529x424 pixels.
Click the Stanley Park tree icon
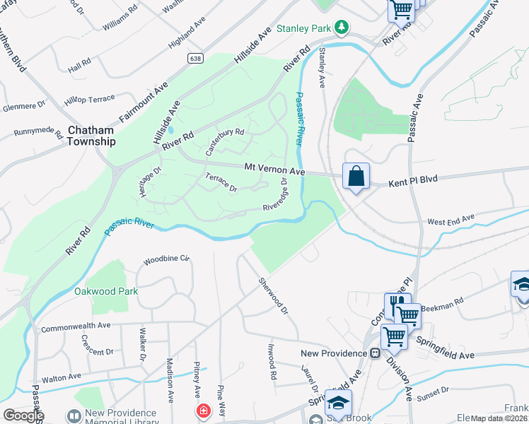click(x=342, y=28)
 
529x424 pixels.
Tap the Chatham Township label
click(x=91, y=136)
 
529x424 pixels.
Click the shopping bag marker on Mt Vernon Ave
click(x=356, y=175)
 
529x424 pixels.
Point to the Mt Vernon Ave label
click(x=274, y=170)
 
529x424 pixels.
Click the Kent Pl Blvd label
click(x=414, y=182)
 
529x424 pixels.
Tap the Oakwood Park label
click(x=106, y=291)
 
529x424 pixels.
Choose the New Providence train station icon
click(x=375, y=353)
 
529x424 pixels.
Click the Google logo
click(x=23, y=416)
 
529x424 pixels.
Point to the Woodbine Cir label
click(x=168, y=260)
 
